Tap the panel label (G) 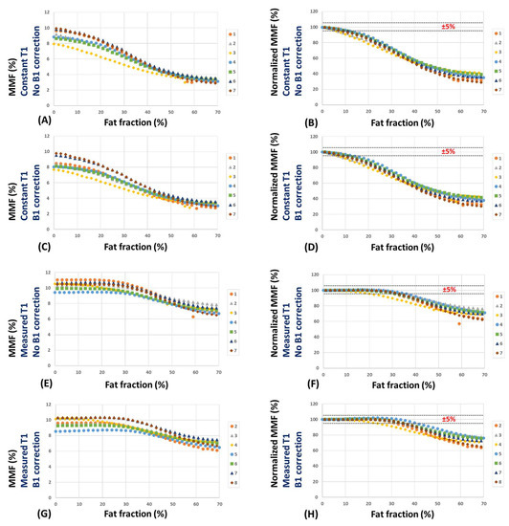tap(13, 511)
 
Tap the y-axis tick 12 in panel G tap(46, 405)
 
